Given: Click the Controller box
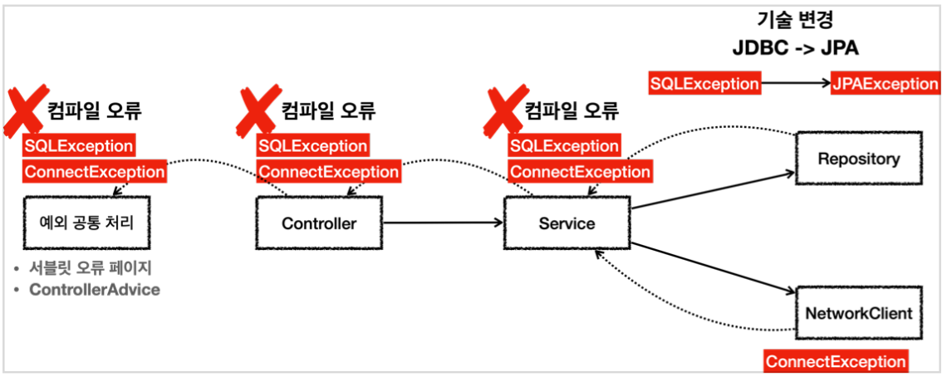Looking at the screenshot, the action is (319, 223).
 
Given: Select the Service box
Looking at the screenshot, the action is (567, 223).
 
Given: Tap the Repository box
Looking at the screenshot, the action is (858, 159).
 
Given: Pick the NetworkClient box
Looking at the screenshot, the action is (858, 313).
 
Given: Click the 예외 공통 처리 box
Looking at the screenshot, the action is (86, 223).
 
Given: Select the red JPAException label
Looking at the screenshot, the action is (885, 84).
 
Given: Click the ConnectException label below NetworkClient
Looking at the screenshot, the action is (836, 362).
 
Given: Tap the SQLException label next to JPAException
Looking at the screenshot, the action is (704, 84).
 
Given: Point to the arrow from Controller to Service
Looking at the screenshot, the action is (444, 223).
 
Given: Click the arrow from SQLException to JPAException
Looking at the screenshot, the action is (795, 84).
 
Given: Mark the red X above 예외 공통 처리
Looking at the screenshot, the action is (26, 110).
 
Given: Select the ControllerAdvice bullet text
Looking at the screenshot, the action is (94, 290).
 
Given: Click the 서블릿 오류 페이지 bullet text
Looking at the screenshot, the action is (90, 268).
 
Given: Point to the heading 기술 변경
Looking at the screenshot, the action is (795, 20).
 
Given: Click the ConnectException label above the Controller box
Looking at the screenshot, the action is (328, 172).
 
